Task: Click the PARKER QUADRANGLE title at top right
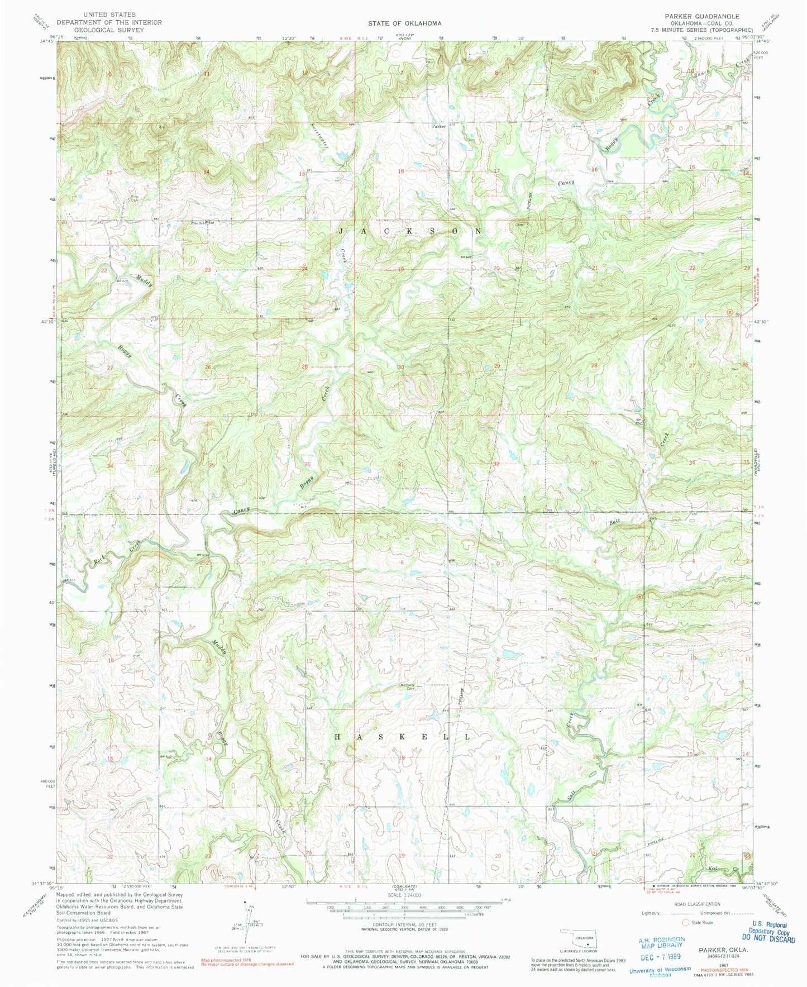coord(701,17)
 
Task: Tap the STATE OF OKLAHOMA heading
coord(404,23)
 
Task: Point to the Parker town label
coord(438,126)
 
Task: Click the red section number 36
coord(307,464)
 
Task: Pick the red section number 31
coord(400,464)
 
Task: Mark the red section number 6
coord(402,562)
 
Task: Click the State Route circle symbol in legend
coord(685,922)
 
